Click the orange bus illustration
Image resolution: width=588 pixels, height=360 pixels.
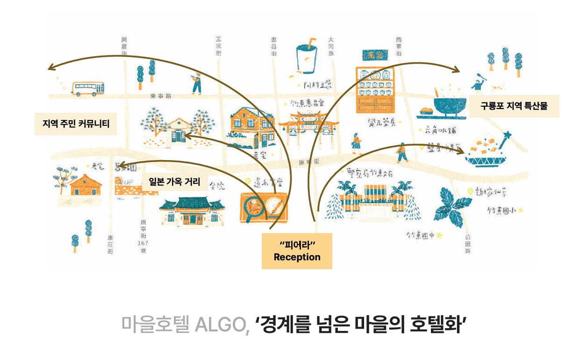pos(88,88)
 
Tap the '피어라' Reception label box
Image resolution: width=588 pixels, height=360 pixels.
pos(297,251)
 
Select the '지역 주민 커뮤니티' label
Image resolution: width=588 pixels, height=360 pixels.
pos(76,124)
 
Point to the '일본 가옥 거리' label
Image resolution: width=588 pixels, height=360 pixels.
pos(174,182)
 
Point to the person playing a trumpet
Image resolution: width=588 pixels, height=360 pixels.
pos(197,84)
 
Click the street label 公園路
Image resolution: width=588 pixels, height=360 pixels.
pos(468,244)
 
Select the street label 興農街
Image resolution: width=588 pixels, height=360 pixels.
pos(124,47)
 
